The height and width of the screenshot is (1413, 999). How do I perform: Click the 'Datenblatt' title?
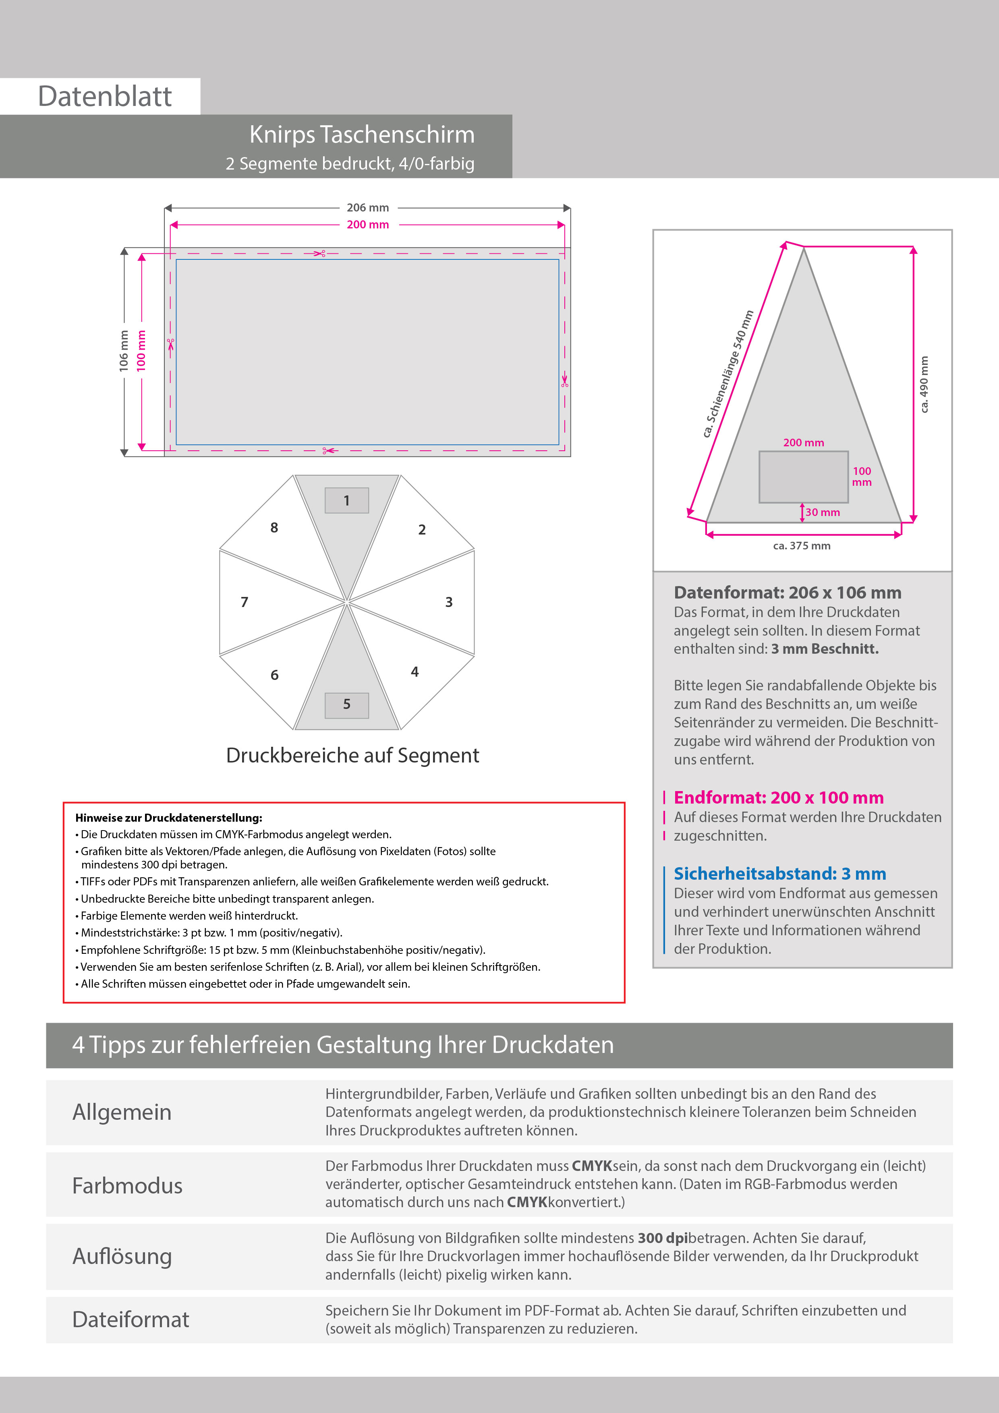(105, 97)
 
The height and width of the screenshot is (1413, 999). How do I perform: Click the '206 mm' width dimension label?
(367, 208)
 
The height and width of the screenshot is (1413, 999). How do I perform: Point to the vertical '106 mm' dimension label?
(124, 351)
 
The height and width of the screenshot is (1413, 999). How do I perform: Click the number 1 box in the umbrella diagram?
(346, 500)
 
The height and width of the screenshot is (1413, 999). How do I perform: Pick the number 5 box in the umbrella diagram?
(346, 704)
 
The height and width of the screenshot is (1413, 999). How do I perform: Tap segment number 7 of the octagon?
(245, 602)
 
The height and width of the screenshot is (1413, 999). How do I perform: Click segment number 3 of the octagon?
(449, 602)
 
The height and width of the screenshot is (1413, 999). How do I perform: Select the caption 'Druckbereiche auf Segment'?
(352, 755)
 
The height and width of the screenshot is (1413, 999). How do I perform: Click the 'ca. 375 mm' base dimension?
(802, 546)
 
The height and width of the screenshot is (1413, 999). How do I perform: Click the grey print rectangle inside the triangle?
(803, 477)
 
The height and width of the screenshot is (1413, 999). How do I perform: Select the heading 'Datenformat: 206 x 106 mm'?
(787, 593)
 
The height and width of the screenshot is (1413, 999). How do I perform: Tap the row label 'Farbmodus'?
(127, 1186)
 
